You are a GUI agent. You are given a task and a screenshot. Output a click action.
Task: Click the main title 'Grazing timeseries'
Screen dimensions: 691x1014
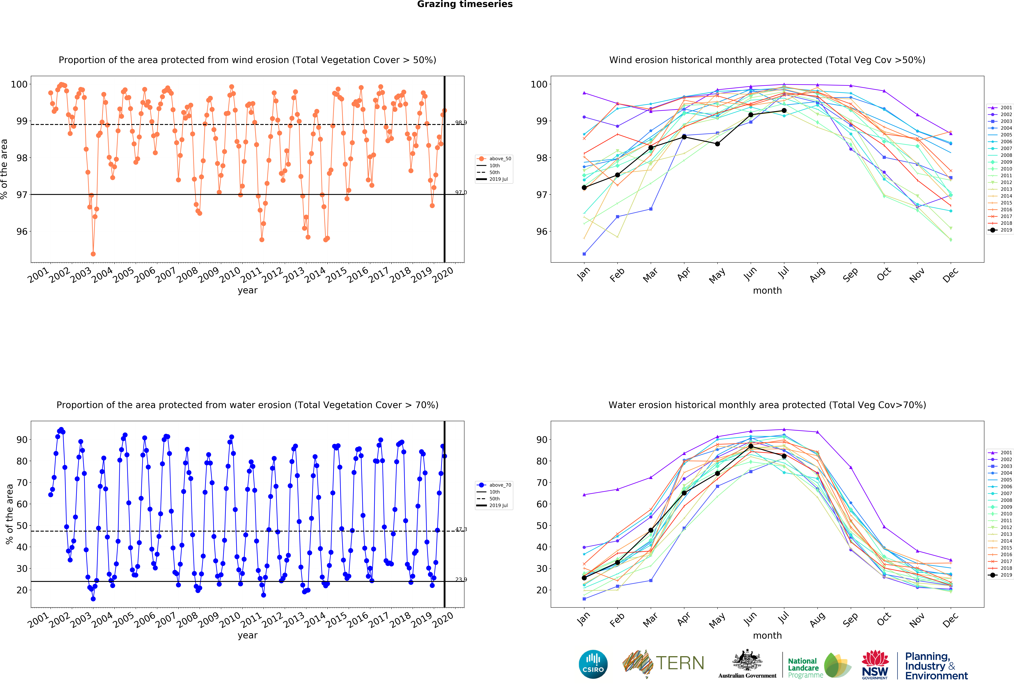465,4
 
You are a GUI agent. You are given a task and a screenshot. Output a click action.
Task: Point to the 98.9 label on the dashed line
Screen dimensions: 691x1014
461,123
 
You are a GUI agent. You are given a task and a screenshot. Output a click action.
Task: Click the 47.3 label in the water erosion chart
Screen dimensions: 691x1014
461,529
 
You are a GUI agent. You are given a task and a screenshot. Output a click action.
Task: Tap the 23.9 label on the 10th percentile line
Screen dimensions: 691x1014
461,579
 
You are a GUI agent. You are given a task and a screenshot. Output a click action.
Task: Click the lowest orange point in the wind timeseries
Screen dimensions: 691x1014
93,254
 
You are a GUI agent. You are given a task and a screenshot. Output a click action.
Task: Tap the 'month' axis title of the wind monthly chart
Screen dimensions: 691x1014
767,291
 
